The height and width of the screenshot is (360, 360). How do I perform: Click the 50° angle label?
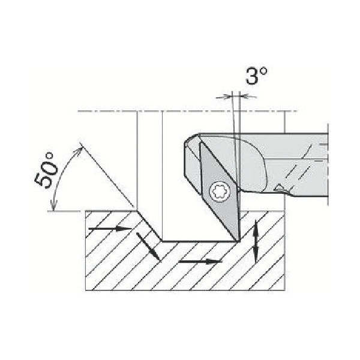click(x=46, y=170)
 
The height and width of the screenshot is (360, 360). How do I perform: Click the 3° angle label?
click(x=257, y=76)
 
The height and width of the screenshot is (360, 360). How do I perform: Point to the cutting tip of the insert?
click(x=239, y=241)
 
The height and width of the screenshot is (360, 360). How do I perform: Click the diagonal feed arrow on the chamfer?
click(x=148, y=247)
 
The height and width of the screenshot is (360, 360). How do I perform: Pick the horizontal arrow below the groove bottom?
click(x=200, y=261)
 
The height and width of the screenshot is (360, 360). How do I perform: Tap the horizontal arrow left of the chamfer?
click(x=110, y=229)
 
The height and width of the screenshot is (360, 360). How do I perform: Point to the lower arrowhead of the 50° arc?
click(x=53, y=205)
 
